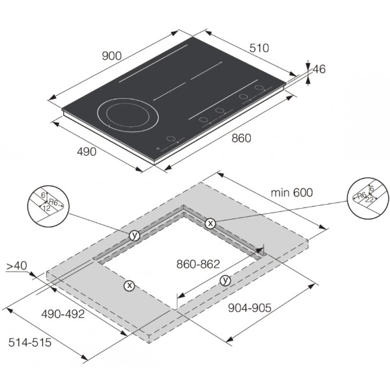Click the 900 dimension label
click(x=112, y=56)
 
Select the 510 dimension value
click(x=259, y=48)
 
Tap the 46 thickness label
click(x=319, y=69)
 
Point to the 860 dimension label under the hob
click(x=241, y=138)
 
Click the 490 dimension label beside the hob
click(x=86, y=151)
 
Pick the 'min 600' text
click(x=291, y=192)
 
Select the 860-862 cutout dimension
click(x=198, y=264)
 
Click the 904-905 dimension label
click(x=250, y=308)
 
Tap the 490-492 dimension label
click(x=63, y=314)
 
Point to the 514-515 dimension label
click(x=30, y=343)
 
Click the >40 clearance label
click(x=16, y=266)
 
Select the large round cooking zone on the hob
click(x=128, y=115)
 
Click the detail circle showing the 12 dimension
click(x=47, y=206)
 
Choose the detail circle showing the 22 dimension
click(x=368, y=198)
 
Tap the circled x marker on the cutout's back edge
click(x=211, y=224)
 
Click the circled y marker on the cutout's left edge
click(x=135, y=235)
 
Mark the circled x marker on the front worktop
click(x=129, y=285)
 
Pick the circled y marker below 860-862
click(x=226, y=281)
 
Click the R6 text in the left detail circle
click(x=53, y=202)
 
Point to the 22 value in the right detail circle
click(x=369, y=200)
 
